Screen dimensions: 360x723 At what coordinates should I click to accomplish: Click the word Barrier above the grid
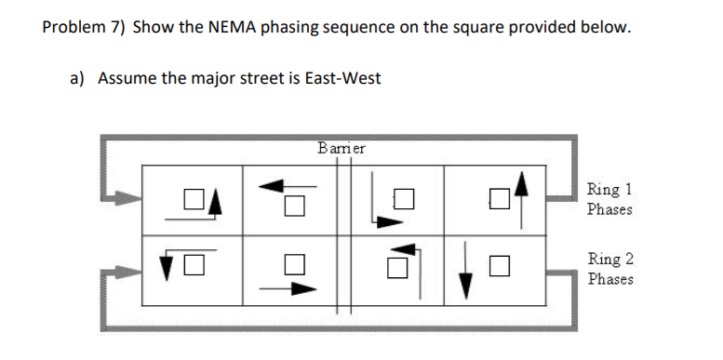click(341, 148)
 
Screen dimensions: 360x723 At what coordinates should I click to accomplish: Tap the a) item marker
click(78, 78)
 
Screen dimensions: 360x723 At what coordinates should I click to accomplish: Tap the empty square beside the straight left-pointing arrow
click(294, 206)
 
